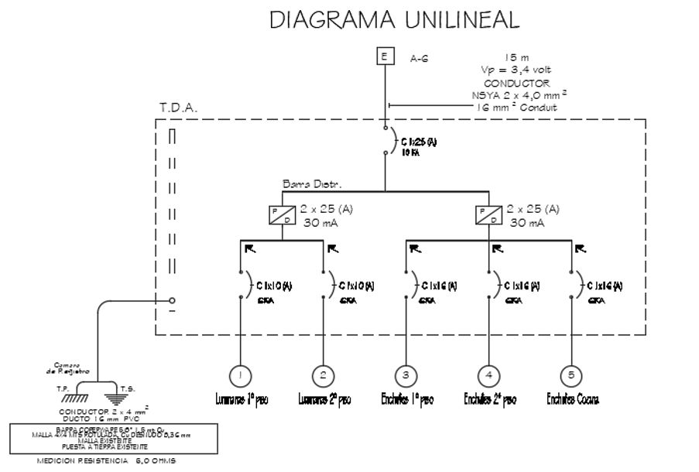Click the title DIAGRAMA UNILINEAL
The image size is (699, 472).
(394, 20)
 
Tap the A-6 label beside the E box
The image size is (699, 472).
(419, 57)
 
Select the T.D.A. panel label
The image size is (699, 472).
(179, 108)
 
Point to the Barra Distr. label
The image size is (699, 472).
(312, 184)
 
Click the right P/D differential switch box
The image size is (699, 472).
(488, 215)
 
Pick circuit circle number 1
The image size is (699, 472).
(240, 375)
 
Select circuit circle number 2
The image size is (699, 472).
(323, 375)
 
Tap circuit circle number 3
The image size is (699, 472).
(406, 375)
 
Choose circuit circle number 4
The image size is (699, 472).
(488, 375)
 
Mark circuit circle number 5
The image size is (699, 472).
(571, 375)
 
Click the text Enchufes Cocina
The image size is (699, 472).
(573, 399)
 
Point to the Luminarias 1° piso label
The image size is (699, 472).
(242, 399)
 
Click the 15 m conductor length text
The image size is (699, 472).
(516, 57)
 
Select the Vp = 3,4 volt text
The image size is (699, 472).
(516, 70)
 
